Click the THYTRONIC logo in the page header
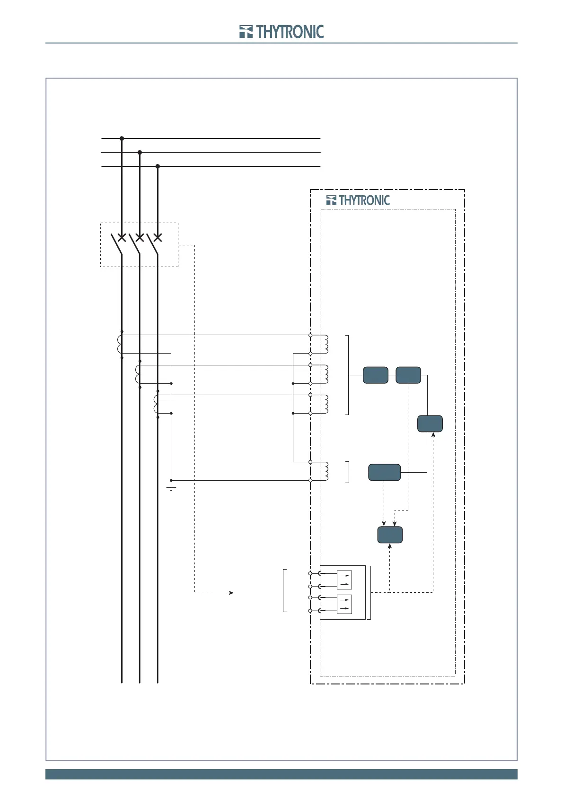(x=281, y=32)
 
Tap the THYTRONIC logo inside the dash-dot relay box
(x=358, y=200)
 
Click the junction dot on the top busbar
(x=122, y=138)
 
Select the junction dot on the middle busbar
(x=140, y=152)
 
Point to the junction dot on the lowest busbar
(x=158, y=166)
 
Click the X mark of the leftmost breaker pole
(x=122, y=237)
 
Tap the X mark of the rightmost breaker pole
(x=158, y=237)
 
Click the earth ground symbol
(x=171, y=487)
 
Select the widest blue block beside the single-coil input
(x=384, y=472)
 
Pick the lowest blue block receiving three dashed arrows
(x=390, y=535)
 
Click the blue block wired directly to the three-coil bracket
(x=376, y=375)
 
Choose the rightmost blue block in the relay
(x=430, y=424)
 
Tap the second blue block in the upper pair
(x=408, y=375)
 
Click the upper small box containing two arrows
(x=344, y=580)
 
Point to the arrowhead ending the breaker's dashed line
(x=231, y=592)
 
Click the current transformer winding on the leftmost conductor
(x=119, y=344)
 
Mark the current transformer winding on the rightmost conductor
(x=156, y=404)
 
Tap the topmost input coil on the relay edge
(x=325, y=344)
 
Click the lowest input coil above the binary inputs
(x=325, y=471)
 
